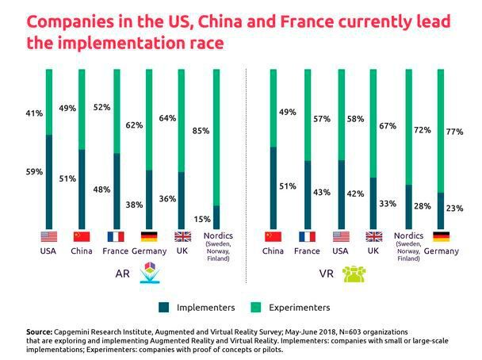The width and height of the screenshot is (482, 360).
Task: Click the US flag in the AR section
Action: click(x=49, y=236)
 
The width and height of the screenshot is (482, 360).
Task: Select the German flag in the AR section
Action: click(x=148, y=236)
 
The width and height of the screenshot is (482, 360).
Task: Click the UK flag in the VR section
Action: click(x=373, y=236)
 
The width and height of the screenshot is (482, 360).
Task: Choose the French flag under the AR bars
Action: click(x=116, y=236)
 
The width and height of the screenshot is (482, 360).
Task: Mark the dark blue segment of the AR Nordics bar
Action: click(x=216, y=216)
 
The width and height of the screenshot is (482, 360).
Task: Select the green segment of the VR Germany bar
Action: click(x=440, y=131)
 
